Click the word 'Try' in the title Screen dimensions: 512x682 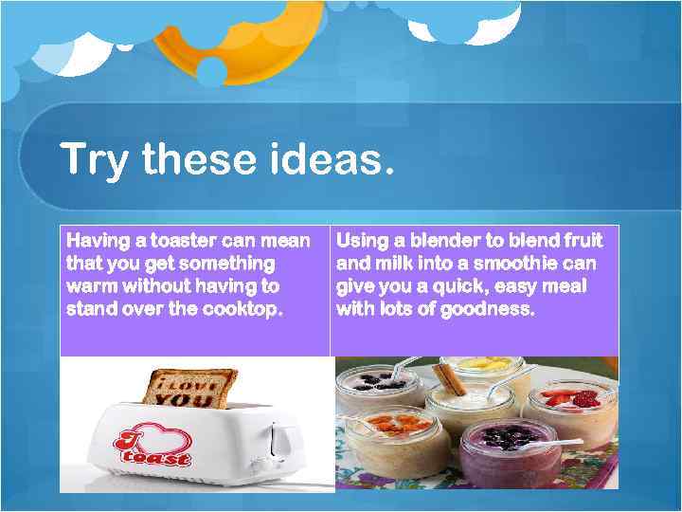(94, 159)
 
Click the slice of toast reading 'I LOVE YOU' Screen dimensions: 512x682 (190, 387)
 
